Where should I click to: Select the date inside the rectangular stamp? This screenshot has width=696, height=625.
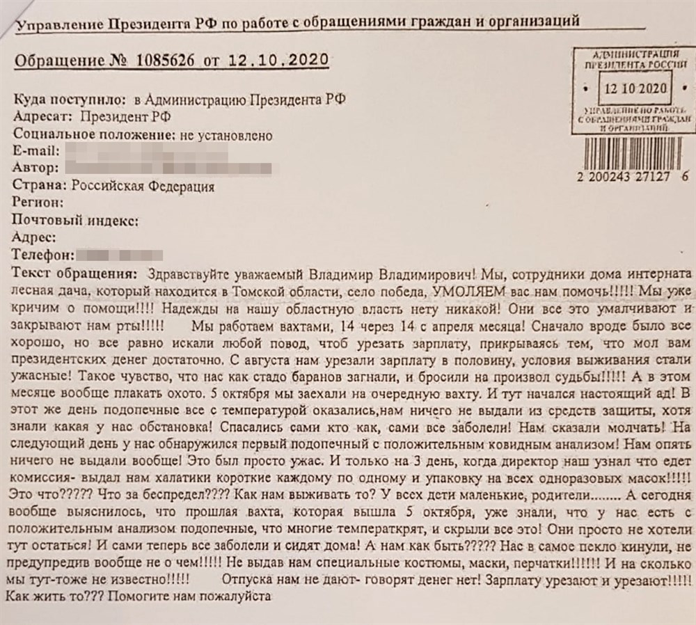click(x=635, y=89)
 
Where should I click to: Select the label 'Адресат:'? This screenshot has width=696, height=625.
click(x=42, y=117)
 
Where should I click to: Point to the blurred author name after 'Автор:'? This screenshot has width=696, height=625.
click(x=174, y=168)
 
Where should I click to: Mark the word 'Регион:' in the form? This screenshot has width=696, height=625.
click(x=38, y=203)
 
